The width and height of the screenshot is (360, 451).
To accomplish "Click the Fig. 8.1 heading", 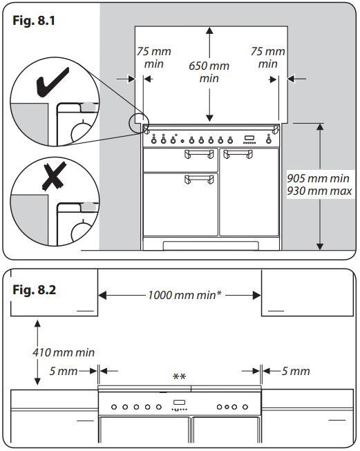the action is click(x=34, y=21).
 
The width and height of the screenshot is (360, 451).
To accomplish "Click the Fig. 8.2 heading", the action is click(x=35, y=289).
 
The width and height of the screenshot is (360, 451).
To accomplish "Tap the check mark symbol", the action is click(x=53, y=81).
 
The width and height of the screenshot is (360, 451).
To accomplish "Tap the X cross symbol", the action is click(x=54, y=176).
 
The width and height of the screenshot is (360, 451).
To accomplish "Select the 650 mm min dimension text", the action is click(x=209, y=72).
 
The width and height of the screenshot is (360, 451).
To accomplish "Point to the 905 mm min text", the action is click(x=318, y=178).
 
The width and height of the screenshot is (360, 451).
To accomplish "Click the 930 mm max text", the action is click(x=319, y=191).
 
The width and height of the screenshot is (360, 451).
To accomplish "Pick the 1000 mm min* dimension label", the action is click(x=184, y=295).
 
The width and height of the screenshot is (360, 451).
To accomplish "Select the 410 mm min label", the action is click(x=64, y=352).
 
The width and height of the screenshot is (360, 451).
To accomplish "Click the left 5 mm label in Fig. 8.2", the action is click(x=64, y=371).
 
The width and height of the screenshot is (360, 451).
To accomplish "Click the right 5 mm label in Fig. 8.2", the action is click(x=296, y=371).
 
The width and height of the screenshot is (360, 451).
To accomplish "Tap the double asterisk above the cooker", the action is click(x=179, y=376).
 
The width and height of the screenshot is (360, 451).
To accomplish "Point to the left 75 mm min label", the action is click(x=153, y=57).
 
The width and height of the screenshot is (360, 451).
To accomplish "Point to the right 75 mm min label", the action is click(x=267, y=57).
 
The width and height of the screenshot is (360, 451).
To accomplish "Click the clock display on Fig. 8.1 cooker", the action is click(x=249, y=138).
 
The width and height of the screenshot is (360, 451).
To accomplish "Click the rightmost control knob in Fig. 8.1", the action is click(x=269, y=140).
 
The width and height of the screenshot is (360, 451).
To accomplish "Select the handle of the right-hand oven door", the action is click(x=238, y=154).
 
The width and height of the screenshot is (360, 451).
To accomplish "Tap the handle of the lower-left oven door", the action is click(x=199, y=179).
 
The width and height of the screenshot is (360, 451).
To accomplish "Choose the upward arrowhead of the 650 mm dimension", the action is click(x=209, y=31).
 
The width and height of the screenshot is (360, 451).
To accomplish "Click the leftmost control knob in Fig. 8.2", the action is click(x=114, y=407).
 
